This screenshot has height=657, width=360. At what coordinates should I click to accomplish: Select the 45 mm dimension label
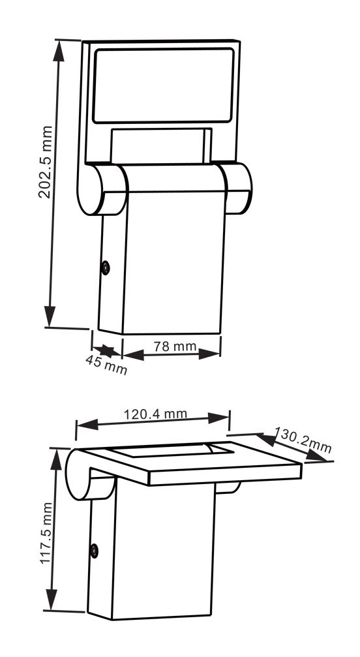(106, 366)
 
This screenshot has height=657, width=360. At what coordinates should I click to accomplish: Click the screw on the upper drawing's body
(105, 267)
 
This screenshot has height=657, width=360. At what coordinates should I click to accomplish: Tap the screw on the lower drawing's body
(95, 551)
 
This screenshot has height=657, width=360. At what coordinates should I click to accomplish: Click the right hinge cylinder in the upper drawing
(238, 188)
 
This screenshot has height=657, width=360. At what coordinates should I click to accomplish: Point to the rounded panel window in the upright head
(163, 85)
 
